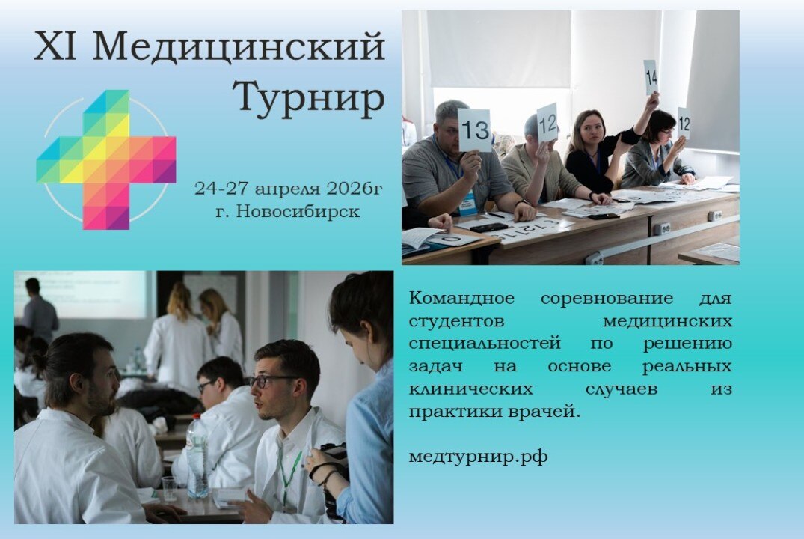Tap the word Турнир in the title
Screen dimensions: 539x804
[x=308, y=98]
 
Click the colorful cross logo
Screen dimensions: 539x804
[x=106, y=159]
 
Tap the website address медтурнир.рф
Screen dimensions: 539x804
[x=478, y=457]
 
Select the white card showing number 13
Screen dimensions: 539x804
[x=475, y=130]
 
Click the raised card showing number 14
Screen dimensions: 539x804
[x=651, y=77]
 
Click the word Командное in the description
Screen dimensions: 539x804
[x=461, y=299]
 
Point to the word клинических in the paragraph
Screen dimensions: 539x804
[x=471, y=389]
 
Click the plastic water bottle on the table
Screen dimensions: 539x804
[x=197, y=457]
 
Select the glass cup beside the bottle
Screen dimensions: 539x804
[x=170, y=489]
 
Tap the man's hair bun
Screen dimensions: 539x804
[x=56, y=358]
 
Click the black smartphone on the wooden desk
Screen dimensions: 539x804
[x=488, y=227]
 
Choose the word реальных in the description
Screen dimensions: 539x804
[x=687, y=367]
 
